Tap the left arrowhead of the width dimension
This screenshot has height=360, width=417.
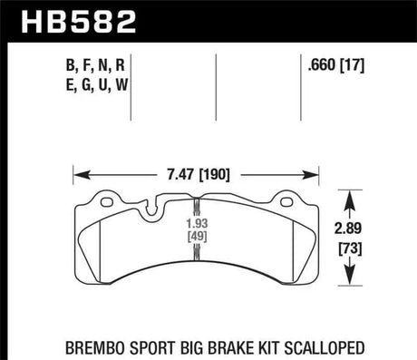point(77,170)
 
